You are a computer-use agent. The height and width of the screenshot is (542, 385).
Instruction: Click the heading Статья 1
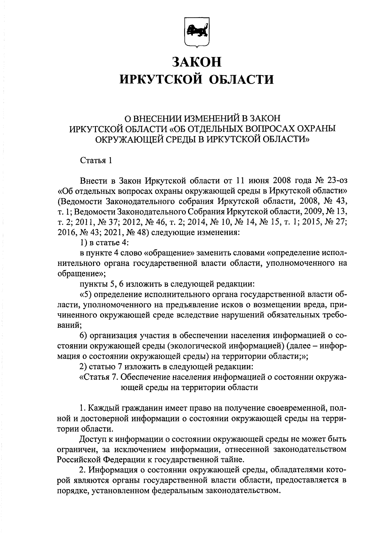click(96, 160)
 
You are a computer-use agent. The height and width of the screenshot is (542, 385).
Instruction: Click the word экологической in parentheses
click(199, 346)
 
